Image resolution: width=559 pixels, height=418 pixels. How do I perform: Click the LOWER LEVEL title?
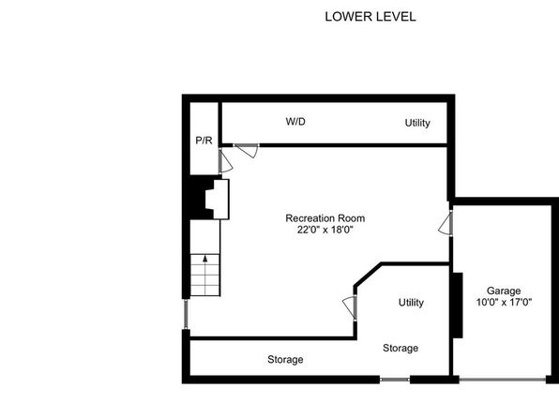click(370, 17)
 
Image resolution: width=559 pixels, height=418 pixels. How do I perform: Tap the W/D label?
click(295, 122)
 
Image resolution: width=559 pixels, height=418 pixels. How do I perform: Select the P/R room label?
click(204, 141)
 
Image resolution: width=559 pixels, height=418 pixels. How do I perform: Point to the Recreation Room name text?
click(325, 218)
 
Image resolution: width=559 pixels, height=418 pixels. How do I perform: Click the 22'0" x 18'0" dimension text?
click(325, 230)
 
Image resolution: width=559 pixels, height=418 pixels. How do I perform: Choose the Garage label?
click(504, 291)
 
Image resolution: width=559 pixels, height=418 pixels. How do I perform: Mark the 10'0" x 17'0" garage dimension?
click(504, 303)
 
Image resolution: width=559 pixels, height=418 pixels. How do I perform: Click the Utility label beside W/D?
click(417, 123)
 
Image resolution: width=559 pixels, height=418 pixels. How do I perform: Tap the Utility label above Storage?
click(411, 303)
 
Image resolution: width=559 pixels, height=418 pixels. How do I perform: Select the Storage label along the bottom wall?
click(285, 360)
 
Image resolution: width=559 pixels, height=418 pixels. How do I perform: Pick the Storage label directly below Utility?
click(400, 348)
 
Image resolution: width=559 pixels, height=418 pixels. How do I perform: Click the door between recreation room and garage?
click(446, 223)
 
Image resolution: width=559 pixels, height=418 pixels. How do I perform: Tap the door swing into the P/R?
click(225, 161)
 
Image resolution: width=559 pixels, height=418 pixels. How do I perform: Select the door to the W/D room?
click(246, 150)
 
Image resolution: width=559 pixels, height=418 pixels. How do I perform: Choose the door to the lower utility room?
click(349, 308)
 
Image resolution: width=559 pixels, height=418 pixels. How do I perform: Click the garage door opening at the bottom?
click(503, 380)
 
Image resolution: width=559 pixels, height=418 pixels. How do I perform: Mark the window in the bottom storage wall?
click(395, 380)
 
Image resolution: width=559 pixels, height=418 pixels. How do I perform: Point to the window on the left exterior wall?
click(186, 314)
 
